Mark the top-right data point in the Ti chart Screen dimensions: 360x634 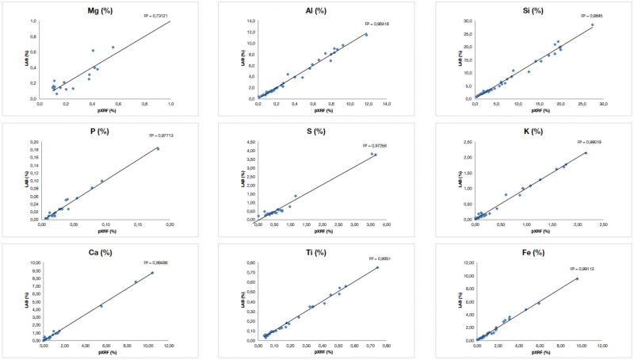(x=377, y=267)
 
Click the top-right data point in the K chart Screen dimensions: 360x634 (x=586, y=153)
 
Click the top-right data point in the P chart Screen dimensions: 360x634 (x=158, y=148)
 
